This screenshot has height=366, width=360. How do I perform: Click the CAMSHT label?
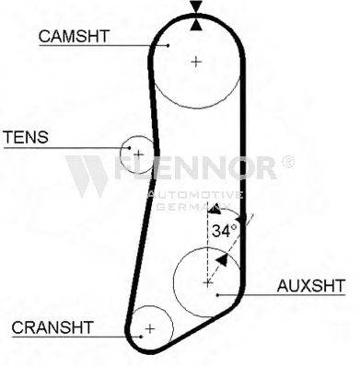coord(74,36)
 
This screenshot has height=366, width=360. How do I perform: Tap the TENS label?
coord(26,137)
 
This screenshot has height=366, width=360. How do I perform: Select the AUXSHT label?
coord(311,286)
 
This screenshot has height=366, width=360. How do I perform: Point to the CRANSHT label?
coord(52,327)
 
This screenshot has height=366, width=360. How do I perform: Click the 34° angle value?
coord(225,231)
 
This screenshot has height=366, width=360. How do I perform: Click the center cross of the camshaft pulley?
coord(196,62)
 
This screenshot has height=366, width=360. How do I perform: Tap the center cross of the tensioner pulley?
coord(139,154)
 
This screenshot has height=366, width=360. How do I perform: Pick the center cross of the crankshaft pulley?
coord(150,329)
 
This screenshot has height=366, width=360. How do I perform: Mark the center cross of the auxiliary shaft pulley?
coord(208,282)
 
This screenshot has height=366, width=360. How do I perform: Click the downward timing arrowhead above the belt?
coord(196,6)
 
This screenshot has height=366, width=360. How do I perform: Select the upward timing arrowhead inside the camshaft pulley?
coord(196,24)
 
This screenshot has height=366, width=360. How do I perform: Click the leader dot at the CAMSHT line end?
coord(168,46)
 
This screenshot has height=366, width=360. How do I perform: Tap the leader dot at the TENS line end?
coord(129,148)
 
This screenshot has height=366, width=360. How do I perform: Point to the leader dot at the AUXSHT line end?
coord(217,295)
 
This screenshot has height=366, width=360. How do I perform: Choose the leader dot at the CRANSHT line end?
coord(141,337)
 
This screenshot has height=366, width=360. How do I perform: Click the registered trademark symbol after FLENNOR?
coord(287,162)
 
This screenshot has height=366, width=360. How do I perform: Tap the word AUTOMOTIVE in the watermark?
coord(195,195)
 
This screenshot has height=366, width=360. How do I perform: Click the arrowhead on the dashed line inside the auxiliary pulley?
coord(222,260)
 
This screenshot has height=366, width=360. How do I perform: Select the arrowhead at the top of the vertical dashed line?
coord(215,209)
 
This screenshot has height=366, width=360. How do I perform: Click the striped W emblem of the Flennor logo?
coord(87,176)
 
